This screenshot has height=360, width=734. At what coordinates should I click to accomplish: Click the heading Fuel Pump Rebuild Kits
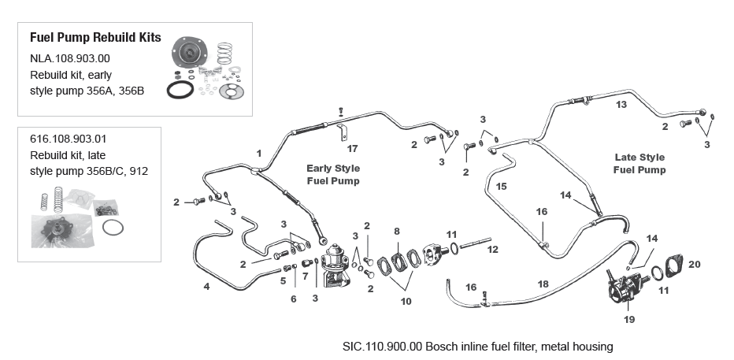95,38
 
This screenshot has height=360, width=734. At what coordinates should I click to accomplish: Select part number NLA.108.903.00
69,58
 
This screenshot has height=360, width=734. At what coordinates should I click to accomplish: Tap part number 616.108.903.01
69,139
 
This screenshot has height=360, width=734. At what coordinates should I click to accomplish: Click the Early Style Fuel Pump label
332,174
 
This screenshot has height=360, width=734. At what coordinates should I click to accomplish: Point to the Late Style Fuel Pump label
639,163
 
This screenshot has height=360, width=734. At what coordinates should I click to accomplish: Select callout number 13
621,105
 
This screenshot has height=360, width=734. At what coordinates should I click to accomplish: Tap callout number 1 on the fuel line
258,151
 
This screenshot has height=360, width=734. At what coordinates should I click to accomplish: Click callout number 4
206,287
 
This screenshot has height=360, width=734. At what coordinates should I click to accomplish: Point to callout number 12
492,250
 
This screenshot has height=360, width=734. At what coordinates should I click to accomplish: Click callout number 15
501,186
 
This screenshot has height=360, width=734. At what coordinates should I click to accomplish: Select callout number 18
543,282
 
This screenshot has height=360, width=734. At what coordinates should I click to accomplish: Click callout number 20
693,264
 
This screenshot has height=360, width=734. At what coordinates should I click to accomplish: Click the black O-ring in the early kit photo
180,89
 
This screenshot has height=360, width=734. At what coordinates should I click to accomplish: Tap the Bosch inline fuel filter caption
477,347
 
